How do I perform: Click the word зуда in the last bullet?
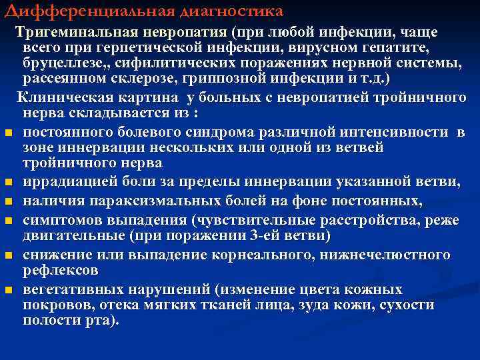(x=289, y=305)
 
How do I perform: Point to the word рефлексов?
(x=61, y=271)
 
